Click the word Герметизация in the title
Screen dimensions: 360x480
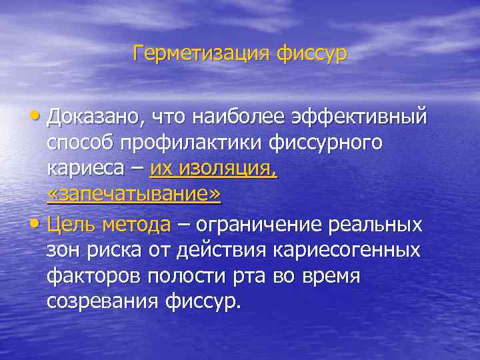(x=199, y=53)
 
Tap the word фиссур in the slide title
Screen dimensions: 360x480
(x=309, y=53)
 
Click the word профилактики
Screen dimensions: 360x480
(x=186, y=143)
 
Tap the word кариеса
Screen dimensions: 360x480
(x=85, y=169)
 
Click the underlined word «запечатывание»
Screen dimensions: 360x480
(x=134, y=194)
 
